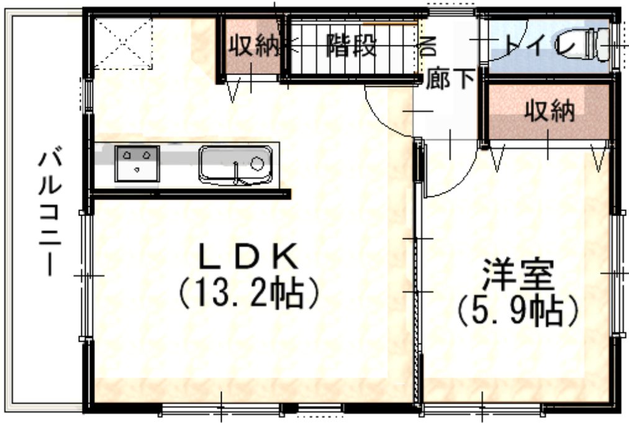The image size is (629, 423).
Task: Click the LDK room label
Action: [x=249, y=256]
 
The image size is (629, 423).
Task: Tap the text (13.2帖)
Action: [x=249, y=293]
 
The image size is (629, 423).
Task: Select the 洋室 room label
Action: [x=518, y=275]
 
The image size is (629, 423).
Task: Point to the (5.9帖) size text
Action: [x=518, y=311]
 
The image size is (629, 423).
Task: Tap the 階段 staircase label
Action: [x=351, y=45]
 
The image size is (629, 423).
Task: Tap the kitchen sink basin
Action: [x=235, y=165]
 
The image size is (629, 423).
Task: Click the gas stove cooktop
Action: [x=137, y=164]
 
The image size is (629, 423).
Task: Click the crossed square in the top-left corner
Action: [x=123, y=43]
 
